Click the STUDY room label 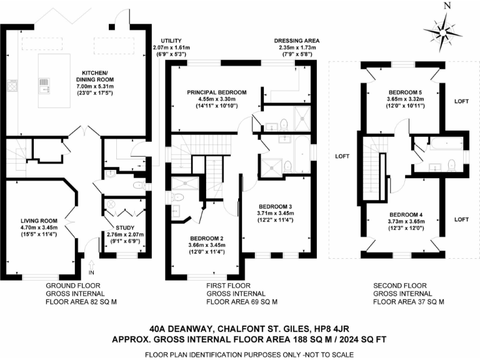point(125,227)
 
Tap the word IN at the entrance point(92,272)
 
